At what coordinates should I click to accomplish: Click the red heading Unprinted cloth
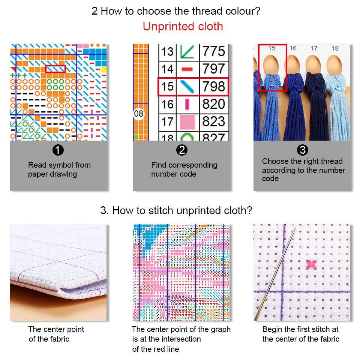pyautogui.click(x=183, y=26)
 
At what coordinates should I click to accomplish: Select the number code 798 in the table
pyautogui.click(x=213, y=87)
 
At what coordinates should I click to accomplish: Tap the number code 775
pyautogui.click(x=213, y=51)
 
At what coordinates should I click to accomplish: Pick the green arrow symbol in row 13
pyautogui.click(x=187, y=51)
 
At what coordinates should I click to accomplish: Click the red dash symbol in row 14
pyautogui.click(x=187, y=69)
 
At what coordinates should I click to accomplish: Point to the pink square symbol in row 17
pyautogui.click(x=187, y=122)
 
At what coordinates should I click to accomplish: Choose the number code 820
pyautogui.click(x=213, y=104)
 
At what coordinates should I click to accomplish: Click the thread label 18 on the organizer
pyautogui.click(x=335, y=48)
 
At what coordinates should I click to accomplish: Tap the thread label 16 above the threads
pyautogui.click(x=293, y=48)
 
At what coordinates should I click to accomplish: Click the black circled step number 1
pyautogui.click(x=58, y=150)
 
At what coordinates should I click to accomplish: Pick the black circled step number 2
pyautogui.click(x=182, y=150)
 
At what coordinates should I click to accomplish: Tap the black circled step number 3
pyautogui.click(x=303, y=150)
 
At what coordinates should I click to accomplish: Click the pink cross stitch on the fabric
pyautogui.click(x=311, y=264)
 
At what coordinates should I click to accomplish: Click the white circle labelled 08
pyautogui.click(x=139, y=114)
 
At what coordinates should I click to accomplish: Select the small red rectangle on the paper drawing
pyautogui.click(x=55, y=69)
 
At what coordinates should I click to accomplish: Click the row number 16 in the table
pyautogui.click(x=167, y=104)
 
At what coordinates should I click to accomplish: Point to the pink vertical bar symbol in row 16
pyautogui.click(x=187, y=104)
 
